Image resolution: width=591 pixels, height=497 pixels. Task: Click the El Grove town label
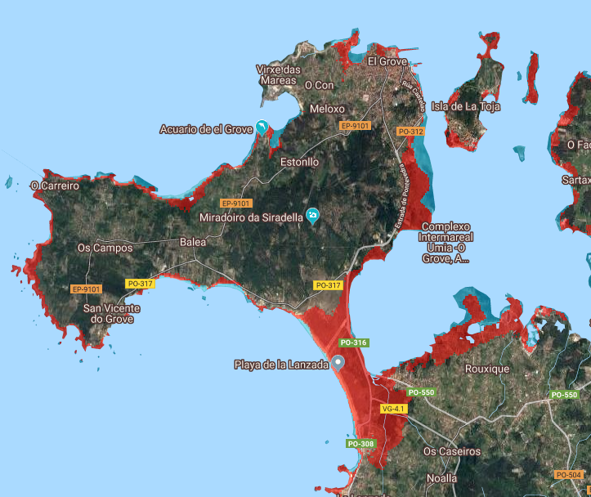(x=386, y=61)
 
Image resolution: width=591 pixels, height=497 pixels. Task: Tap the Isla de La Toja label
(x=466, y=106)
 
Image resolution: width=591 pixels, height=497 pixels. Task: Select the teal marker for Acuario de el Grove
(x=262, y=127)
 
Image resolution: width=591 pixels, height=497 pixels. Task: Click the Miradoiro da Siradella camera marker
(x=312, y=216)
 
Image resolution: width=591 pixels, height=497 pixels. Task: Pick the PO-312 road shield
(x=410, y=132)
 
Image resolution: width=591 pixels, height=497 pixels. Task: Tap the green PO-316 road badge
(x=353, y=343)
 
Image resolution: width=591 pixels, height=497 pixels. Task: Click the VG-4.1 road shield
(x=393, y=408)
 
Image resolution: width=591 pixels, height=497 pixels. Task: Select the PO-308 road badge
(x=360, y=444)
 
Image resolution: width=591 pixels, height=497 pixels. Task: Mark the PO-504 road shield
(x=568, y=475)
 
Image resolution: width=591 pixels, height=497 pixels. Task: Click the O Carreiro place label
(x=55, y=186)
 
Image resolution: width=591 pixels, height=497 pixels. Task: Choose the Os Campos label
(x=105, y=248)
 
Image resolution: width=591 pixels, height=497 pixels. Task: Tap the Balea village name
(x=193, y=242)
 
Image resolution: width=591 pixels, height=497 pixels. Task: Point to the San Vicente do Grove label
(x=112, y=313)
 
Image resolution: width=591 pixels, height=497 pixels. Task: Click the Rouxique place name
(x=486, y=369)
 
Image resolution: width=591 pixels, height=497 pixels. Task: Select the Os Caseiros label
(x=452, y=451)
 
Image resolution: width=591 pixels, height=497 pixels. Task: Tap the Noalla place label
(x=442, y=479)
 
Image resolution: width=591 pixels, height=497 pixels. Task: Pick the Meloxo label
(x=327, y=109)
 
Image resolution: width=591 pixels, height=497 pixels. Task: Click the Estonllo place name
(x=299, y=162)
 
